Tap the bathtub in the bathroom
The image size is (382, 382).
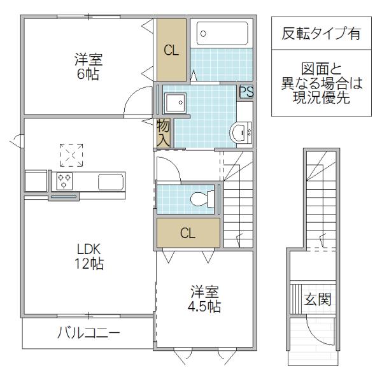(222, 34)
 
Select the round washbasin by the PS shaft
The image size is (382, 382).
(241, 132)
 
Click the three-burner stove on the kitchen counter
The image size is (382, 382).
(64, 181)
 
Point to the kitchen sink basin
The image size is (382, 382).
(111, 181)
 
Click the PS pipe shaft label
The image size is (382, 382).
(246, 92)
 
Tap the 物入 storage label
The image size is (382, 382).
(163, 134)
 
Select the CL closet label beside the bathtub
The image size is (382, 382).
(171, 50)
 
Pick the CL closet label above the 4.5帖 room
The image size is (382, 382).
(188, 233)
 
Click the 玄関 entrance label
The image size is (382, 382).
(318, 299)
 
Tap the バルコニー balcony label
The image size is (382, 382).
(88, 332)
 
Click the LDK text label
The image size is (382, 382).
(89, 249)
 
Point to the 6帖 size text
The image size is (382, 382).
(88, 74)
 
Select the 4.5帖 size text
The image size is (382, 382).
(204, 306)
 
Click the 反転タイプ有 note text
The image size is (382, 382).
(321, 33)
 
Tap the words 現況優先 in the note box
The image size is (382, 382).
(322, 97)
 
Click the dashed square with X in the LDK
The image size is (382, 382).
(71, 155)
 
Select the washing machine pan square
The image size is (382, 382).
(175, 103)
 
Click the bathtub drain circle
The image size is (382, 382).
(204, 34)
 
